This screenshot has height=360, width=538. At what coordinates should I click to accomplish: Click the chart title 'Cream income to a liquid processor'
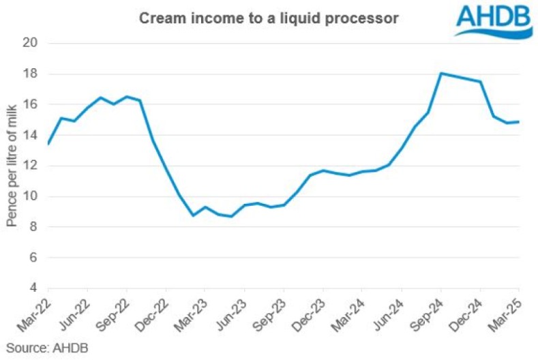[269, 18]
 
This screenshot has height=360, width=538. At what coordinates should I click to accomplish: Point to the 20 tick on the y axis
[29, 43]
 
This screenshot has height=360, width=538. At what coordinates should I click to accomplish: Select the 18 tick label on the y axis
[29, 74]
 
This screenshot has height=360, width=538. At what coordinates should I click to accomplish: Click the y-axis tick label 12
[29, 166]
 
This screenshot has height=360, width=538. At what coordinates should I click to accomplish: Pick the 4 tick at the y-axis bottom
[32, 288]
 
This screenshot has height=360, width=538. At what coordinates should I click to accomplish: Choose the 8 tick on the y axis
[32, 227]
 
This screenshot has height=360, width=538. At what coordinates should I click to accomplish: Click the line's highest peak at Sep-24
[441, 73]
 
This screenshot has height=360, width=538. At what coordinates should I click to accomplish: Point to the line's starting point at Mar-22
[48, 144]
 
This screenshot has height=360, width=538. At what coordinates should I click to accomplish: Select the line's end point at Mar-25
[520, 122]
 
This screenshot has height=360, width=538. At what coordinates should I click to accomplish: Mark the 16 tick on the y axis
[29, 104]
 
